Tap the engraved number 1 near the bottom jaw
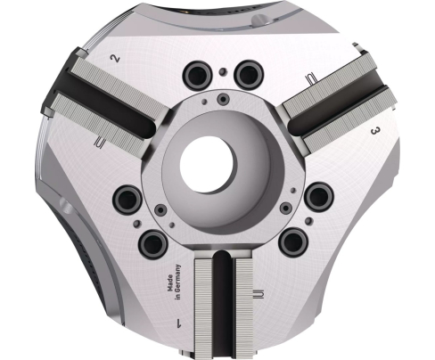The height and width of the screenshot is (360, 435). (180, 323)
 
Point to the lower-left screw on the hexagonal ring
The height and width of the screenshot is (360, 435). (160, 210)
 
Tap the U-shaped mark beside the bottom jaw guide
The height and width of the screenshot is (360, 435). (257, 294)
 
